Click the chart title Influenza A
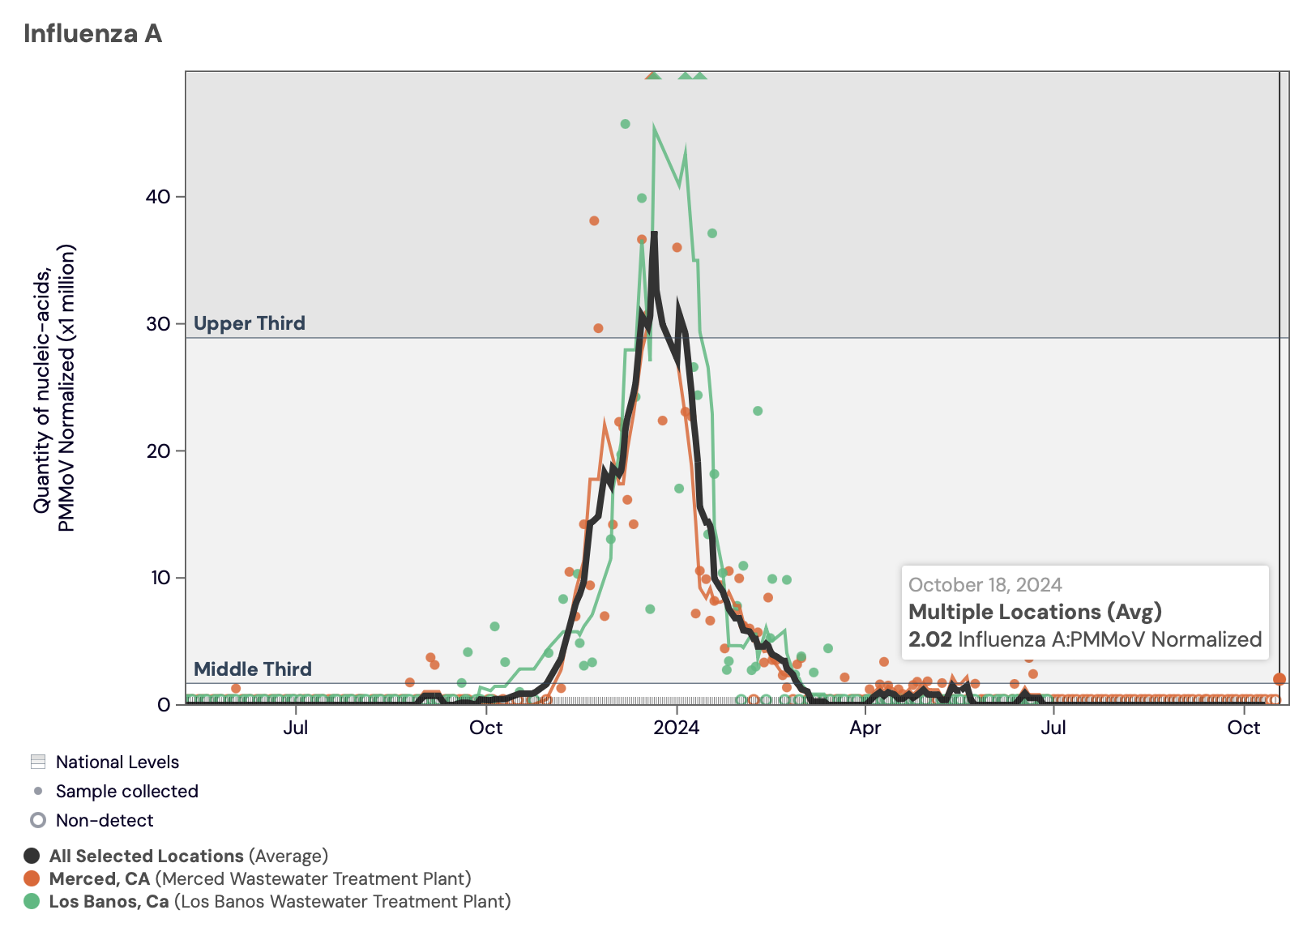click(92, 34)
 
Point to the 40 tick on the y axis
click(158, 197)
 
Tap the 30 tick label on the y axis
click(158, 324)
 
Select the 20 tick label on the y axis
click(158, 451)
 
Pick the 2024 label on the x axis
click(676, 728)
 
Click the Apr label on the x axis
click(865, 728)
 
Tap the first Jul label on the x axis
click(296, 728)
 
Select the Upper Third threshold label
click(250, 323)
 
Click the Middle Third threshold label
click(253, 669)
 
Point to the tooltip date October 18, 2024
click(985, 585)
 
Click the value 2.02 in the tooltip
click(929, 639)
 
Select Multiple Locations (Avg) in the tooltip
click(1035, 612)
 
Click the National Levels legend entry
click(117, 763)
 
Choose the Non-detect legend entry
click(104, 821)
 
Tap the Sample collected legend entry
click(126, 792)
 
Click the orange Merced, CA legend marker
click(32, 879)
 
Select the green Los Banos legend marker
click(32, 902)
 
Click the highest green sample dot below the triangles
click(625, 124)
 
